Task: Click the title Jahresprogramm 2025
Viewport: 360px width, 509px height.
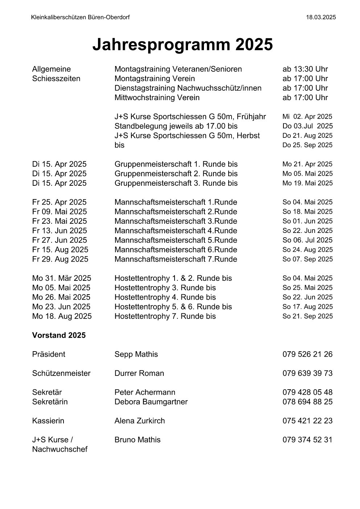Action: pyautogui.click(x=182, y=45)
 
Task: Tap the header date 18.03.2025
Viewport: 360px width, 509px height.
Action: pyautogui.click(x=321, y=17)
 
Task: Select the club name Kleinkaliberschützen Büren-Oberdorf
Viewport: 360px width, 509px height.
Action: pyautogui.click(x=80, y=17)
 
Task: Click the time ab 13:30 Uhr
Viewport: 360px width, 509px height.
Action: pyautogui.click(x=305, y=69)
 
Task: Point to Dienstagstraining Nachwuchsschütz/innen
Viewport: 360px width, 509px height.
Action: pyautogui.click(x=188, y=88)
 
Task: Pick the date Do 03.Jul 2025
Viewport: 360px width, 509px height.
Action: pyautogui.click(x=307, y=126)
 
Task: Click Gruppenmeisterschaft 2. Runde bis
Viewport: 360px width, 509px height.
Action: pyautogui.click(x=176, y=174)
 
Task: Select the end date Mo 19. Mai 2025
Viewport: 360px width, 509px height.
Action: pyautogui.click(x=307, y=183)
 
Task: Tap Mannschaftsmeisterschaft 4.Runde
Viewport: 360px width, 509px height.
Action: pyautogui.click(x=176, y=231)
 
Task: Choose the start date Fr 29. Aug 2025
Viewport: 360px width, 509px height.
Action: pyautogui.click(x=60, y=259)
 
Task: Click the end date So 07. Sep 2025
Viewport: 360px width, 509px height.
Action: pyautogui.click(x=307, y=259)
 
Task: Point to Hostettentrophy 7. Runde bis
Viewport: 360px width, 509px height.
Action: pyautogui.click(x=165, y=316)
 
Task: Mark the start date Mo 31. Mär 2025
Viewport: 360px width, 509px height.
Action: pyautogui.click(x=62, y=278)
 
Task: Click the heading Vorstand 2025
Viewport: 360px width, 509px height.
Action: pyautogui.click(x=59, y=336)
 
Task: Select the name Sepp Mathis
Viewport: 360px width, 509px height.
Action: pyautogui.click(x=136, y=354)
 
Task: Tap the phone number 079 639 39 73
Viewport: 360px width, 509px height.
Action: pyautogui.click(x=307, y=373)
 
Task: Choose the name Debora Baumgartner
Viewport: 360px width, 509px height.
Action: pyautogui.click(x=151, y=402)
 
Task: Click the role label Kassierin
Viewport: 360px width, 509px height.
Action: pyautogui.click(x=48, y=421)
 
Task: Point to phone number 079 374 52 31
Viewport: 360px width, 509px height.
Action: pyautogui.click(x=307, y=440)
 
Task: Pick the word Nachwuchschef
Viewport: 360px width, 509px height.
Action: pyautogui.click(x=60, y=450)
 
